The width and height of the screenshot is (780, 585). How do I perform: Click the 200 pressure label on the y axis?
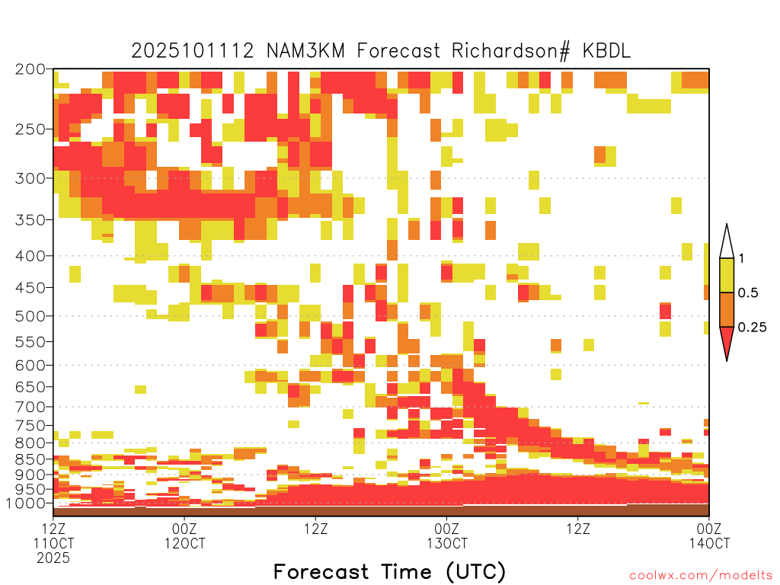point(30,69)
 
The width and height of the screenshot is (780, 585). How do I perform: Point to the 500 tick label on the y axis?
point(30,316)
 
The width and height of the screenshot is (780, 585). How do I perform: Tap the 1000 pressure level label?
point(26,503)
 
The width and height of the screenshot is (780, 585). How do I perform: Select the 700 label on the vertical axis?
point(30,407)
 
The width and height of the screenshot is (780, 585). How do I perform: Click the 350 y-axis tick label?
point(30,219)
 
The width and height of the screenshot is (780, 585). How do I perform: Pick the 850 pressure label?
point(30,459)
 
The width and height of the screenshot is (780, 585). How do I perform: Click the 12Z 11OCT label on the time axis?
point(53,535)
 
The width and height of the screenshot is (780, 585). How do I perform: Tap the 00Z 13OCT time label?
point(446,535)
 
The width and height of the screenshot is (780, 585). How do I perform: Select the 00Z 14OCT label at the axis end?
point(709,535)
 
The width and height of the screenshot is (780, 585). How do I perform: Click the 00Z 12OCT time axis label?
point(184,535)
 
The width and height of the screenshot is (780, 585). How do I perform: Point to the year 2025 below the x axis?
point(53,558)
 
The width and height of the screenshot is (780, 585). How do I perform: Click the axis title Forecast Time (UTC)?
point(389,571)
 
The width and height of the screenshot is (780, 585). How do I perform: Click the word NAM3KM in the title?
point(305,51)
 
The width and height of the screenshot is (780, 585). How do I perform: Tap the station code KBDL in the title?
point(606,51)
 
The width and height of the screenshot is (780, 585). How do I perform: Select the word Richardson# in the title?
point(510,51)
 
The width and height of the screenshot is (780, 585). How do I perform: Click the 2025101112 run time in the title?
point(193,51)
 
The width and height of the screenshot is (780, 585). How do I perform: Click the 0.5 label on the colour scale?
point(748,292)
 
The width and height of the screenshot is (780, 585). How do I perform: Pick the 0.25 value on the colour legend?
point(752,327)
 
